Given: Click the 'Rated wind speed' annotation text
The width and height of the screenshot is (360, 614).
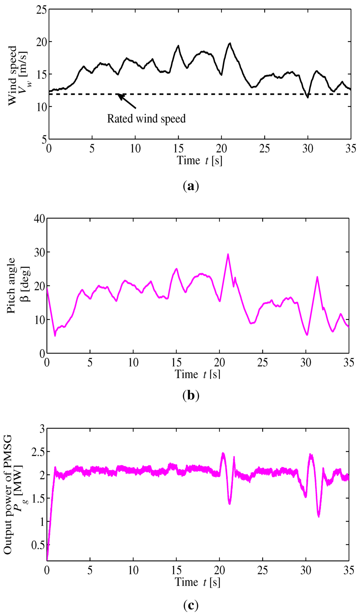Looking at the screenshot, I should [146, 119].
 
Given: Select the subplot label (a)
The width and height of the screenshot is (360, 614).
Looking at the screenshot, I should [191, 186].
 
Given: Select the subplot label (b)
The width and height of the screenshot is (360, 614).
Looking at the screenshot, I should [191, 396].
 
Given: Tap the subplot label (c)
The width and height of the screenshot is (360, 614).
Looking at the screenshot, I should [191, 605].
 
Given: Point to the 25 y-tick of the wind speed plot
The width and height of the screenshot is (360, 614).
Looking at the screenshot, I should [41, 10].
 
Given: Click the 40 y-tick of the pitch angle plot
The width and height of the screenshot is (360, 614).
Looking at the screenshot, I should [40, 219].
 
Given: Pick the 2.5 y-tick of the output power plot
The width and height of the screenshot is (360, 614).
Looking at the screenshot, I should [38, 452].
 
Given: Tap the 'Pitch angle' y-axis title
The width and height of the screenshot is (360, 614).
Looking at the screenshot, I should [11, 286].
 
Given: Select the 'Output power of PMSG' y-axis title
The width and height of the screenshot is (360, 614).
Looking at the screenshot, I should [8, 494].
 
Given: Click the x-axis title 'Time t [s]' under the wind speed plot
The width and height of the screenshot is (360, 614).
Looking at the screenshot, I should [199, 161].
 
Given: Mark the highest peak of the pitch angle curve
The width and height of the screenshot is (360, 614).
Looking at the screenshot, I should [228, 254].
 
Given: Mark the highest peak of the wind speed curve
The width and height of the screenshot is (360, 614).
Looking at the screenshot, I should [230, 43].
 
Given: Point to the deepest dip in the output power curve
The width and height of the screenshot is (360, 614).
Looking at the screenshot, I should [319, 516].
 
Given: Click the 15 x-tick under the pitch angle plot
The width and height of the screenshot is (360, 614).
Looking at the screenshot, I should [176, 363].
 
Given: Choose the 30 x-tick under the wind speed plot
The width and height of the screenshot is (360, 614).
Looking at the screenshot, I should [308, 149].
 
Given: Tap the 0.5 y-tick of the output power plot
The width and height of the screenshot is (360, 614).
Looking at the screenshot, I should [38, 545].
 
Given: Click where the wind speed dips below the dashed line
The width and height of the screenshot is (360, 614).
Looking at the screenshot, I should [308, 97].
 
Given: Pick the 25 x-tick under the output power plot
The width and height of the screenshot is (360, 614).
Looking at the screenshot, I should [263, 570].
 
